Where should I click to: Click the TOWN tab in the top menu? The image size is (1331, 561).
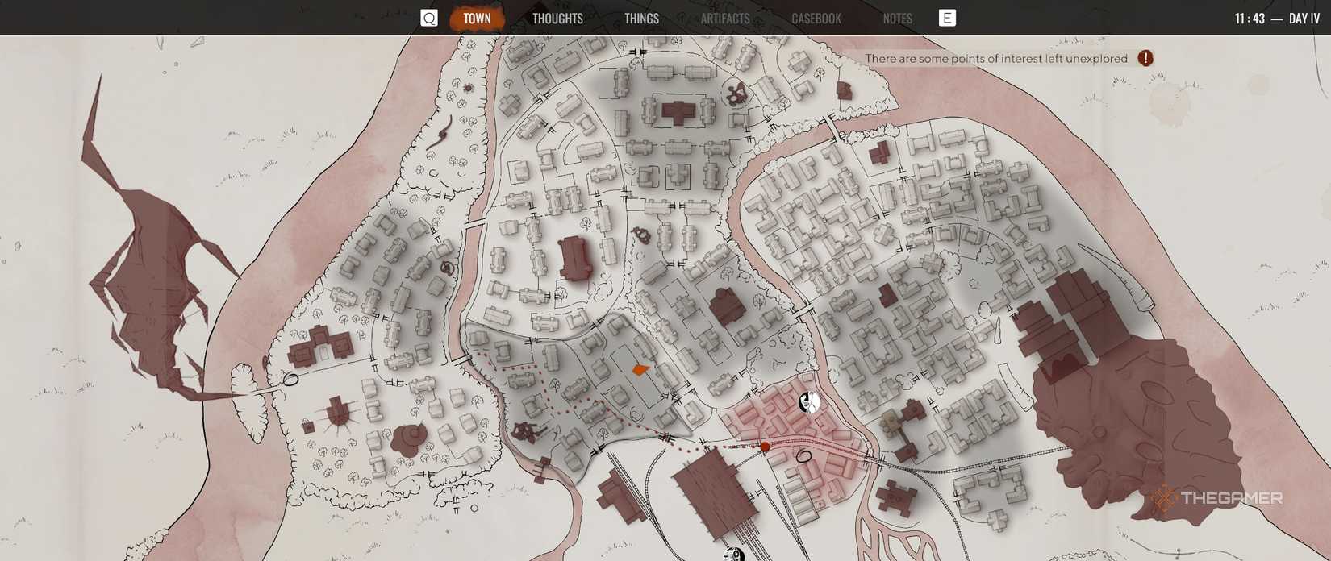[x=477, y=18]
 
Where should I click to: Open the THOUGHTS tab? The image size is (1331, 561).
[x=557, y=18]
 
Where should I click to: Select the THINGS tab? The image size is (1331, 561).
[x=641, y=18]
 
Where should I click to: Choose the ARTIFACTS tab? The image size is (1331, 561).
[x=725, y=18]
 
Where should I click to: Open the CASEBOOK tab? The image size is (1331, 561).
[x=816, y=18]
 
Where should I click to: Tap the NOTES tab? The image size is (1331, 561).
[x=897, y=18]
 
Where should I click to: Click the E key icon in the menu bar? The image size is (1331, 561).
[x=947, y=18]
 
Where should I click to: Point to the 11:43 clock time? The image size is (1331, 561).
[x=1250, y=18]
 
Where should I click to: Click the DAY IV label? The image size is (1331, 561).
[x=1304, y=18]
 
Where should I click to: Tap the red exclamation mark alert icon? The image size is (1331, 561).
[x=1145, y=58]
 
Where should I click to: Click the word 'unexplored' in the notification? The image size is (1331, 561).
[x=1096, y=59]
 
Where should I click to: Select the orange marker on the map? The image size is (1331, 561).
[x=640, y=370]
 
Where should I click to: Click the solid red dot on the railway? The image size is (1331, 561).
[x=765, y=446]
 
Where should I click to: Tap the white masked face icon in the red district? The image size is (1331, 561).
[x=809, y=401]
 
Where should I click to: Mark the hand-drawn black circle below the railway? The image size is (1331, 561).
[x=803, y=456]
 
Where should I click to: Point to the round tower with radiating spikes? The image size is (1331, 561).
[x=337, y=413]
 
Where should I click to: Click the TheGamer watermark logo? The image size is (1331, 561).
[x=1217, y=498]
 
